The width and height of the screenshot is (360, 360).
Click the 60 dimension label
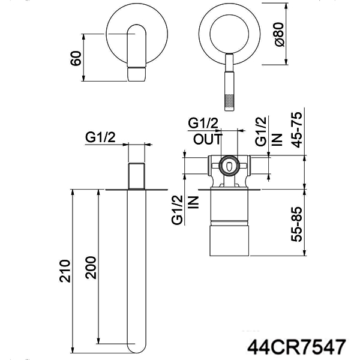[76, 58]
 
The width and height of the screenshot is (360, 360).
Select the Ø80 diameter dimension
[279, 34]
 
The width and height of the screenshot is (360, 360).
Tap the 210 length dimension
[65, 271]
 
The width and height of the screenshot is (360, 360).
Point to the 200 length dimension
[91, 268]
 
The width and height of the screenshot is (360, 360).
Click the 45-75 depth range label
[296, 130]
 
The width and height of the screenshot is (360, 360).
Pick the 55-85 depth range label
[296, 224]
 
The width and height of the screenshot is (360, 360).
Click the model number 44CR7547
[296, 347]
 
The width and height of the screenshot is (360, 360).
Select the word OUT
[208, 139]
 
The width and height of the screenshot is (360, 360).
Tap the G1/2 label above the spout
[100, 137]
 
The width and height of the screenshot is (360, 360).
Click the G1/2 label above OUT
[203, 123]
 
